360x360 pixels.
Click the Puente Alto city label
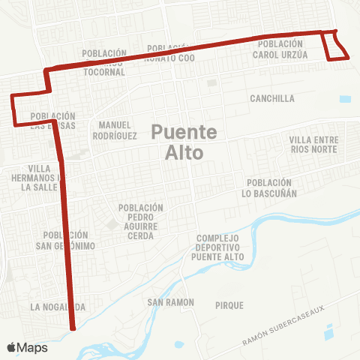184,142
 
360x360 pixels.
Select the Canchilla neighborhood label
272,98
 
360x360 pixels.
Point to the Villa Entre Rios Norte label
314,144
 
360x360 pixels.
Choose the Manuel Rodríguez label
114,130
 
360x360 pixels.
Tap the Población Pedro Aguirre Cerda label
140,221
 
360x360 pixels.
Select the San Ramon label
170,302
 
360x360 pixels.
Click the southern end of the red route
73,328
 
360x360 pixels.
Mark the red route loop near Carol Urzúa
335,46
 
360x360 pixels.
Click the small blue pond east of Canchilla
345,98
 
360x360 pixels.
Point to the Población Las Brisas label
52,120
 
